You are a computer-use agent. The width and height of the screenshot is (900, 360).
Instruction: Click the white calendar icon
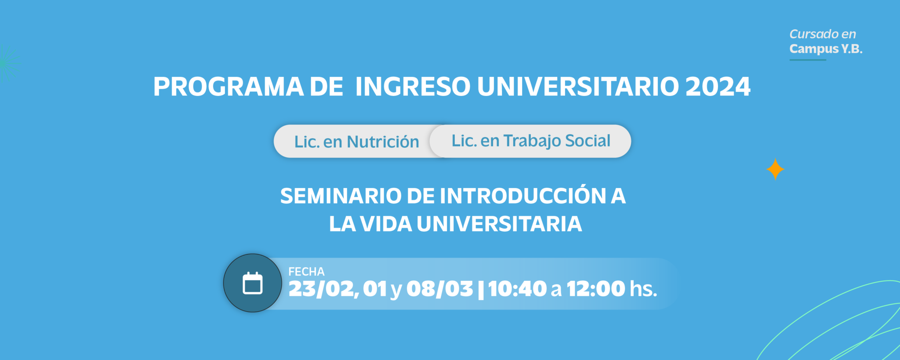[x=253, y=283]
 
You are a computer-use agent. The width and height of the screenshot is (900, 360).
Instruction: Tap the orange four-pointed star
[x=775, y=169]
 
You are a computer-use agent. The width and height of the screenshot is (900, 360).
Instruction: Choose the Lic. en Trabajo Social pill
[x=530, y=141]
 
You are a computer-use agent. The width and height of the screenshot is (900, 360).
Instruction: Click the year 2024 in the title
[x=718, y=87]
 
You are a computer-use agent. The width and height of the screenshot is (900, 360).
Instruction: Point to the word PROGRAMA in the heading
[x=228, y=87]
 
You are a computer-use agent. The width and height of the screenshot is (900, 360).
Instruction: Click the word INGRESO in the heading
[x=413, y=87]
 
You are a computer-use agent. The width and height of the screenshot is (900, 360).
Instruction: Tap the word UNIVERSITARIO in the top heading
[x=578, y=87]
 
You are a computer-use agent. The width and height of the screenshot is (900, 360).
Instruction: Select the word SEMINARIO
[x=341, y=196]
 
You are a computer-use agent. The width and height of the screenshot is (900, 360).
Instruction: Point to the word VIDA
[x=386, y=224]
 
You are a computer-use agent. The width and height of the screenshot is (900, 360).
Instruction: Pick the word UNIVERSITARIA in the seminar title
[x=499, y=224]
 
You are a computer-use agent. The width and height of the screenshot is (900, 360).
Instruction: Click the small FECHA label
[x=306, y=272]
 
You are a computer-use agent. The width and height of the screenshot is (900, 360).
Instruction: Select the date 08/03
[x=439, y=289]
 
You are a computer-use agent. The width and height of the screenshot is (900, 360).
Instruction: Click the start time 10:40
[x=517, y=289]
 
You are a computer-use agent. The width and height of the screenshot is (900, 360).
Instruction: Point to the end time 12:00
[x=596, y=289]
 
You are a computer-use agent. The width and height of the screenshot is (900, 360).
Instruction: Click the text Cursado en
[x=823, y=34]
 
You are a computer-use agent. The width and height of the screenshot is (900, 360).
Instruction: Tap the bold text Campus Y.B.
[x=826, y=49]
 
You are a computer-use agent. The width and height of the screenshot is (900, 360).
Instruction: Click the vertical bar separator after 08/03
[x=480, y=290]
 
